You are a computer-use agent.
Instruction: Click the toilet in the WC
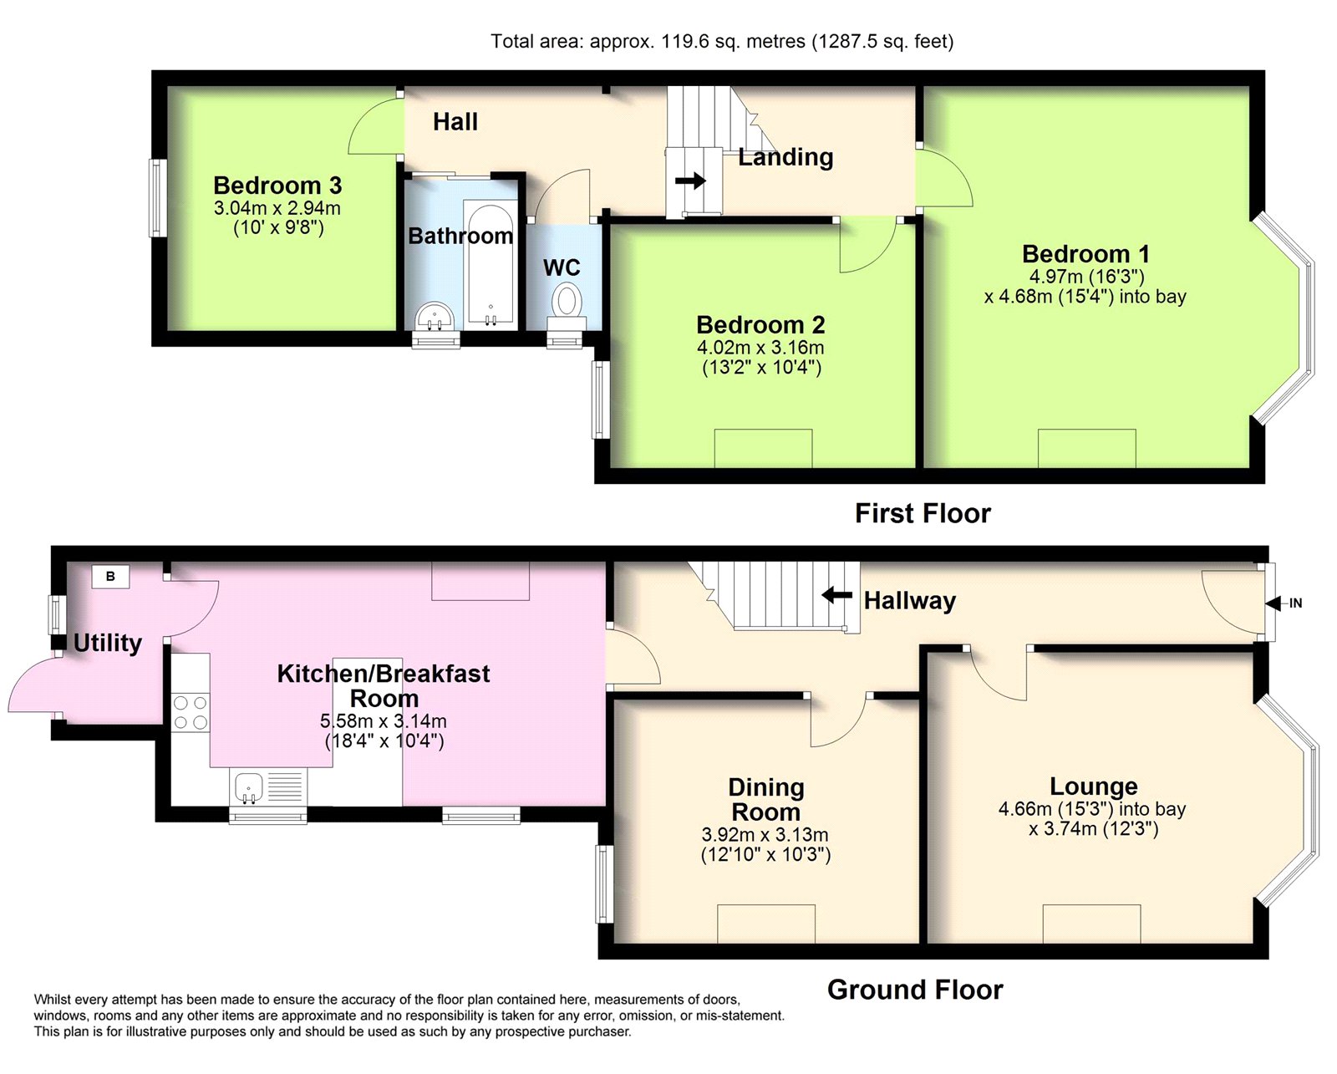[567, 307]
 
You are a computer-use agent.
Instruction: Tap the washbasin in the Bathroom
[435, 317]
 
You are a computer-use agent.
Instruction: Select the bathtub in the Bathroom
[491, 263]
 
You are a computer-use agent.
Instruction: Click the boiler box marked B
[110, 576]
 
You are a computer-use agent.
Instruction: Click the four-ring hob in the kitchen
[191, 712]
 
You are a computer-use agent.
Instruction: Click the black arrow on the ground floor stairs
[836, 595]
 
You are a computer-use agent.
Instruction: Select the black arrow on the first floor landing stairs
[690, 181]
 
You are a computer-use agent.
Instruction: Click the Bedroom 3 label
[277, 186]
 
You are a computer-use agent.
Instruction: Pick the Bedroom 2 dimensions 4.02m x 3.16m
[760, 347]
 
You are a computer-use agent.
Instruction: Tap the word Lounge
[1094, 786]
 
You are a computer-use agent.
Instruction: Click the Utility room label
[108, 643]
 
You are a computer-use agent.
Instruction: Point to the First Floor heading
[923, 513]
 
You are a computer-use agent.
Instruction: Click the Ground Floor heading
[915, 990]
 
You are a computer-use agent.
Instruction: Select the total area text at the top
[722, 41]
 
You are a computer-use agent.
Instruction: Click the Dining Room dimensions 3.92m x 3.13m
[765, 834]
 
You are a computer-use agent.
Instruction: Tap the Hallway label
[909, 601]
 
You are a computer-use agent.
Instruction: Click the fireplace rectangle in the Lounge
[1091, 924]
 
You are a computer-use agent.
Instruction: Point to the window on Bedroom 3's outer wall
[157, 198]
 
